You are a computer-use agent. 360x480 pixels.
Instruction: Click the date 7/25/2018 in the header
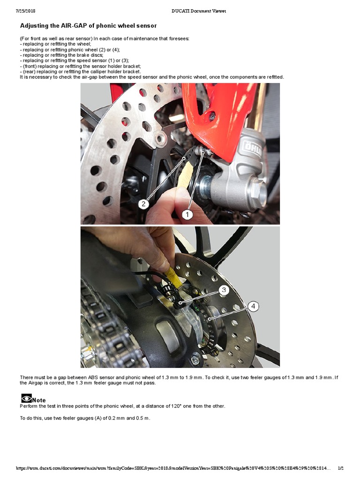pyautogui.click(x=27, y=11)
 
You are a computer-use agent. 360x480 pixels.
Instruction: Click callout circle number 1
pyautogui.click(x=187, y=214)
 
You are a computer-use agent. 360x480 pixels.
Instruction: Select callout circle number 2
pyautogui.click(x=144, y=204)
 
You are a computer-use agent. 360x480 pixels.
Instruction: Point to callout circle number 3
pyautogui.click(x=224, y=290)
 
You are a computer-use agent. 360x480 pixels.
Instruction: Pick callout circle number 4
pyautogui.click(x=253, y=307)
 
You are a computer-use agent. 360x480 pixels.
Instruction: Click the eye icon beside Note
pyautogui.click(x=26, y=399)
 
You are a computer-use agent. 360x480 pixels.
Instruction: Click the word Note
pyautogui.click(x=39, y=400)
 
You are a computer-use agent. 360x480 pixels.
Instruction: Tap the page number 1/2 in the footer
pyautogui.click(x=340, y=468)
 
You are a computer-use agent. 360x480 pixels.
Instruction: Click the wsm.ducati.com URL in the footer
pyautogui.click(x=173, y=468)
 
